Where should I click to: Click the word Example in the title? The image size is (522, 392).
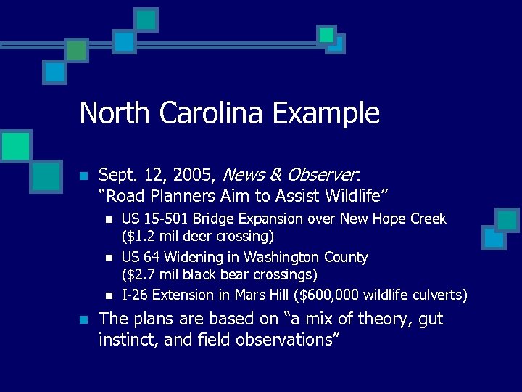[x=326, y=113]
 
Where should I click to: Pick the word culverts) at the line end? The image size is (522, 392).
[x=439, y=295]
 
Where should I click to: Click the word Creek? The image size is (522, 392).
[x=428, y=219]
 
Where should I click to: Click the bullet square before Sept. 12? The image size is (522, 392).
[x=83, y=176]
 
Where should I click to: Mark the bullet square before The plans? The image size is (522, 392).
[x=83, y=319]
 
